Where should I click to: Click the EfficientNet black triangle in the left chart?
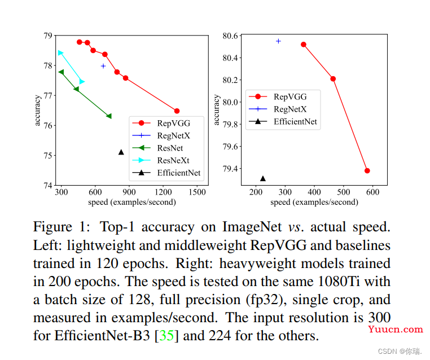point(121,152)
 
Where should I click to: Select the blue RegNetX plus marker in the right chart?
point(278,41)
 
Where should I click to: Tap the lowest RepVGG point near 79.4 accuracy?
point(367,170)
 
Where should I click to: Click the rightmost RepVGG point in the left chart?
point(177,111)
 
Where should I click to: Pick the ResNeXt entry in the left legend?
point(173,160)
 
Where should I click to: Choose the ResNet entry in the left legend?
point(170,148)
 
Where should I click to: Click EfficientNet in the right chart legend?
point(295,121)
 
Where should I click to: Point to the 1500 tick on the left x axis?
point(198,192)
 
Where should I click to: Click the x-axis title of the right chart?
point(315,202)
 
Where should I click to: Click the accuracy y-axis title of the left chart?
point(38,110)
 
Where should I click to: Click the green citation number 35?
point(167,336)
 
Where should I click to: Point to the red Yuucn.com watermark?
point(396,330)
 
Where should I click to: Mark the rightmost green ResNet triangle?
point(109,116)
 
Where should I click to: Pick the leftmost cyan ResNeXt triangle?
point(60,53)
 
